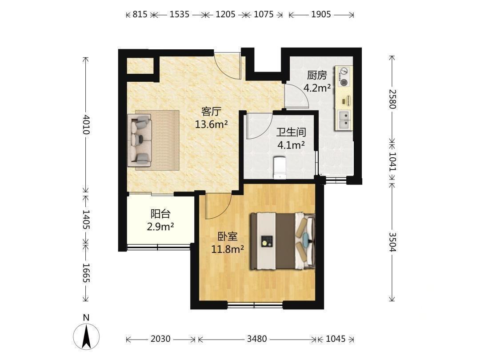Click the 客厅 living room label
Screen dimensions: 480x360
pyautogui.click(x=211, y=112)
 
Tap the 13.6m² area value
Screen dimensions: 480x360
pyautogui.click(x=211, y=124)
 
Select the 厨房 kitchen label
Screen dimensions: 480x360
pyautogui.click(x=317, y=75)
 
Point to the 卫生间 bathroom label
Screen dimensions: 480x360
pyautogui.click(x=291, y=132)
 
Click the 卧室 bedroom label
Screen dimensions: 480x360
pyautogui.click(x=228, y=236)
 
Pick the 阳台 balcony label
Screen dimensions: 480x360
pyautogui.click(x=160, y=214)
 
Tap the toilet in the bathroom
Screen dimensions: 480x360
pyautogui.click(x=279, y=167)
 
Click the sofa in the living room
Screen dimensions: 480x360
pyautogui.click(x=140, y=138)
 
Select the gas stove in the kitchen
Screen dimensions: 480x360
pyautogui.click(x=344, y=76)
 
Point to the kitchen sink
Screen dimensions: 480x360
pyautogui.click(x=344, y=120)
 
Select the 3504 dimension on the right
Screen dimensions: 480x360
pyautogui.click(x=392, y=242)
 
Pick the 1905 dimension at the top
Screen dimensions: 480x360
pyautogui.click(x=321, y=14)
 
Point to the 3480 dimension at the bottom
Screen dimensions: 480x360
pyautogui.click(x=257, y=339)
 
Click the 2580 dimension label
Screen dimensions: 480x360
pyautogui.click(x=392, y=99)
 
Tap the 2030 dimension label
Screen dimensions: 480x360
pyautogui.click(x=160, y=339)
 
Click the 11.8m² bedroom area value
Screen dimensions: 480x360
pyautogui.click(x=228, y=249)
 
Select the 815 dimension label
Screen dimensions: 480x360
pyautogui.click(x=140, y=14)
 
